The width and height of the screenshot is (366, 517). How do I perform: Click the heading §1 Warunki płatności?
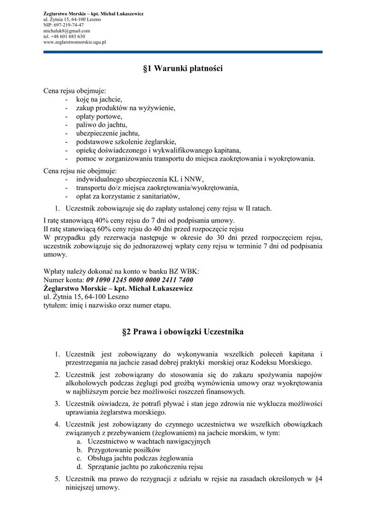click(182, 69)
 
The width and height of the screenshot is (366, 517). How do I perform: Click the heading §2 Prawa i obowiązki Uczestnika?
click(182, 332)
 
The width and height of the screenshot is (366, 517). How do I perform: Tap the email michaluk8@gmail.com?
click(67, 30)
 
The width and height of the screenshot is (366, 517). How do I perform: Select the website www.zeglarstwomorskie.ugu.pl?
click(74, 42)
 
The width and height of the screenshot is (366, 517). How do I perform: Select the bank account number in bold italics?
click(140, 280)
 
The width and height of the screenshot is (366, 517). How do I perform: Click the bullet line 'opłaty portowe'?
click(99, 116)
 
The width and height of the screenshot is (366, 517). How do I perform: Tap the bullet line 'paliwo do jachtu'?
click(101, 125)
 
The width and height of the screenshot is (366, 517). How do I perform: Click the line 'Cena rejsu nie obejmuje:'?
click(80, 170)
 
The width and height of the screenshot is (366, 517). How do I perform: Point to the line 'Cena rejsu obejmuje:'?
click(75, 91)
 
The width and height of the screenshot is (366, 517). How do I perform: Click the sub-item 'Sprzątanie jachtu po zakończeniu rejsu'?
click(145, 467)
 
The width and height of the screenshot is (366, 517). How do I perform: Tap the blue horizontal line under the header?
click(182, 51)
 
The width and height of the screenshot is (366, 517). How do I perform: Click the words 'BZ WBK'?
click(187, 271)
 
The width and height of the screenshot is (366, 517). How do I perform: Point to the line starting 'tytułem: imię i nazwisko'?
click(107, 305)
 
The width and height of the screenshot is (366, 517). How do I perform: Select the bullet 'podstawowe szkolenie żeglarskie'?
click(126, 142)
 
